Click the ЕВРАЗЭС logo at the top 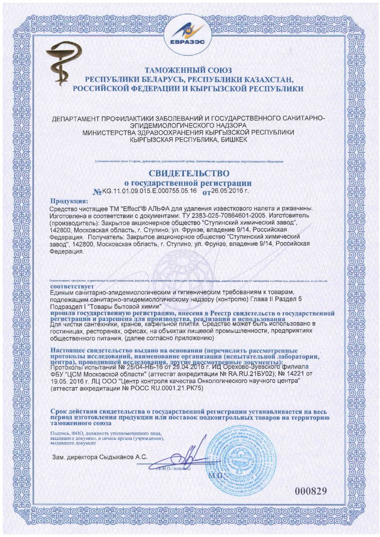pos(190,34)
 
